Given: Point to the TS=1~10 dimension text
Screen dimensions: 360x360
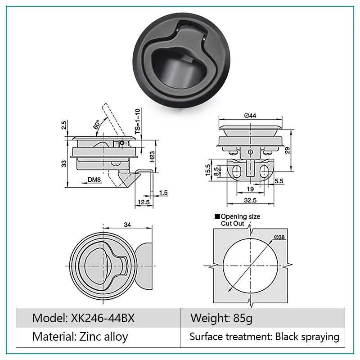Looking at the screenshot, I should coord(138,120).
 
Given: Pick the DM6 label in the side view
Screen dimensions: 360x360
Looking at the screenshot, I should coord(94,180).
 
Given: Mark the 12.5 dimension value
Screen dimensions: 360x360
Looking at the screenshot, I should coord(144,202).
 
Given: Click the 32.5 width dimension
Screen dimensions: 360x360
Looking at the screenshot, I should coord(250,200).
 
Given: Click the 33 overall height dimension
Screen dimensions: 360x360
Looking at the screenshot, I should coord(64,163).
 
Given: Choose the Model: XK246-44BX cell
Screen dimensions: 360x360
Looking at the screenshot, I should coord(83,319).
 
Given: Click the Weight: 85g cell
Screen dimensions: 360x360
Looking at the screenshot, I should coord(222,319).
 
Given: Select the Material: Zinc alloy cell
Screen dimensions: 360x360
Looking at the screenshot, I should coord(80,336).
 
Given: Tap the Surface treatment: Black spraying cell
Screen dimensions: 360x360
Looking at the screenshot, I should coord(264,336).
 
